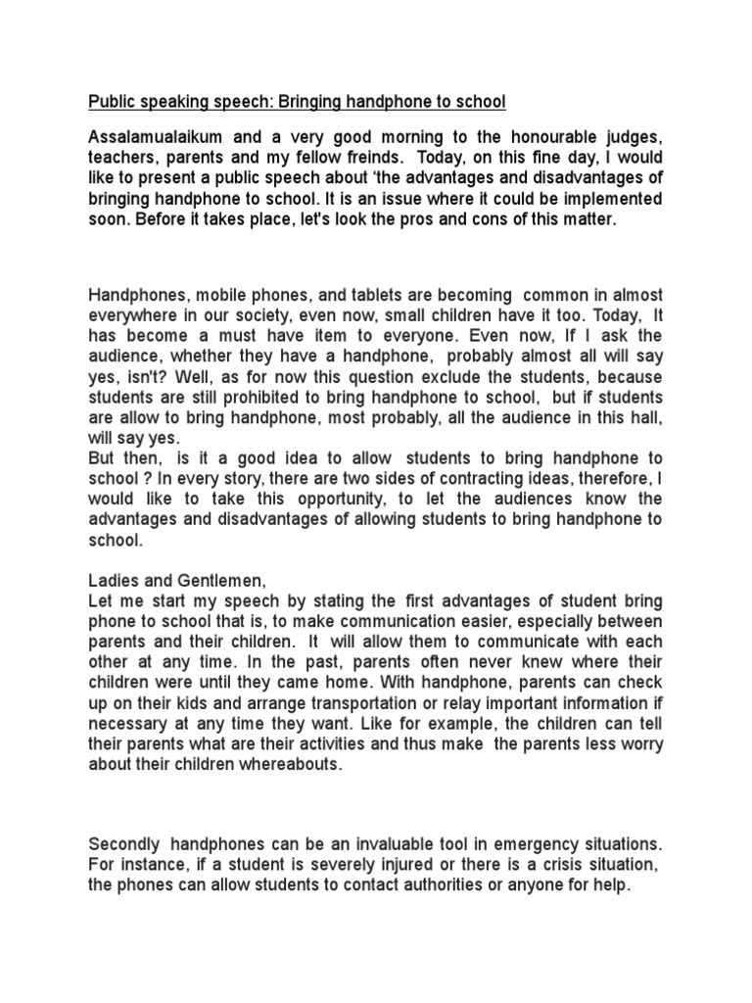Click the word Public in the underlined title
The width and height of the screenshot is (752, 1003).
click(112, 102)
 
